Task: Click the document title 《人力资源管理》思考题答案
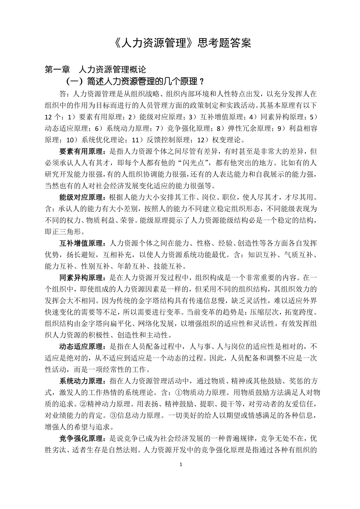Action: (182, 43)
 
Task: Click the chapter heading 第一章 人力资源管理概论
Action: (95, 70)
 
